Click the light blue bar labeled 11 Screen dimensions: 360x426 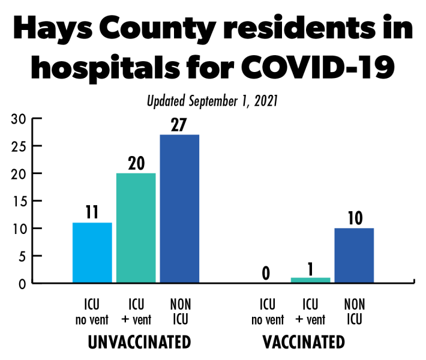click(x=92, y=252)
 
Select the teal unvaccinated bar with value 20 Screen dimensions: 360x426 click(x=136, y=227)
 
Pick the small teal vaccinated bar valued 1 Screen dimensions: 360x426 click(x=310, y=280)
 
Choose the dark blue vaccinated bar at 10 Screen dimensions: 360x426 click(x=354, y=255)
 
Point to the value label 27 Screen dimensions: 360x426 click(x=179, y=125)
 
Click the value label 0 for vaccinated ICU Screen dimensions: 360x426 click(x=266, y=274)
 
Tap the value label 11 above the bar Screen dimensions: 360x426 click(x=92, y=213)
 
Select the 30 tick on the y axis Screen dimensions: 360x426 click(x=18, y=118)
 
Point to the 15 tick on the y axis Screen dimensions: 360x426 click(x=18, y=201)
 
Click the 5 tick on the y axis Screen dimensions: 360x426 click(x=21, y=256)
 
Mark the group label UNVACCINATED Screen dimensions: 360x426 click(x=139, y=343)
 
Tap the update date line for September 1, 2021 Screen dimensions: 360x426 click(x=212, y=101)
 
